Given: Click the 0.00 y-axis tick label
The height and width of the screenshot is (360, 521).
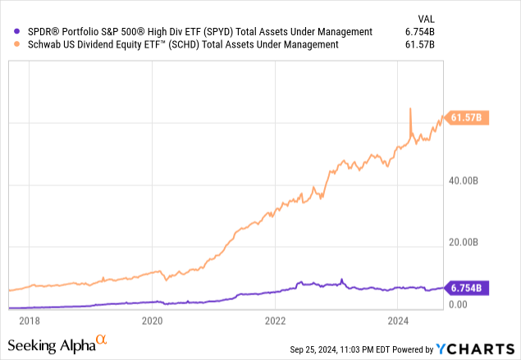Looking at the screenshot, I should [458, 304].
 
